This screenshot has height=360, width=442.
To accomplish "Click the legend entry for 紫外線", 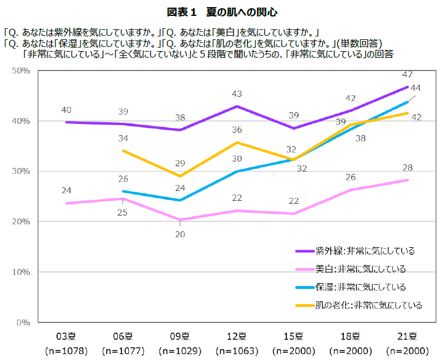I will [x=365, y=251].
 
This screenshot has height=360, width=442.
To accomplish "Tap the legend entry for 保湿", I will [x=360, y=287].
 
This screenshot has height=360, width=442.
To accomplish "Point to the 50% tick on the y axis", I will [x=21, y=70].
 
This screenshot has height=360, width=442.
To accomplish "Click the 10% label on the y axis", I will [x=21, y=272].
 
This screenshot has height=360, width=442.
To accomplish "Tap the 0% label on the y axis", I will [x=23, y=322].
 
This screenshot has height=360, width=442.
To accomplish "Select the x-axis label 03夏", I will [x=66, y=337].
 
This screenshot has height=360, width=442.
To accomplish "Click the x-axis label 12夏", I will [x=237, y=337].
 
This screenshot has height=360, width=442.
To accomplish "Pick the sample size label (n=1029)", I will [x=180, y=351].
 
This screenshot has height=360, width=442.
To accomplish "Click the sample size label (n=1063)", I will [x=237, y=351].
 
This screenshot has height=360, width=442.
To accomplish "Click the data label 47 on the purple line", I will [x=407, y=75].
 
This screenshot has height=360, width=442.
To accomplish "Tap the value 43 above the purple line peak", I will [x=237, y=94].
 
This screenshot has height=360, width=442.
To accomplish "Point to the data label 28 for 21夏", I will [x=407, y=169].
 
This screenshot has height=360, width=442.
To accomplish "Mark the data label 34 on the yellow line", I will [x=123, y=139].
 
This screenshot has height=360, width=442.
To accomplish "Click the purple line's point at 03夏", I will [x=66, y=122].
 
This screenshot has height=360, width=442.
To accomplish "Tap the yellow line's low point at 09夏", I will [x=180, y=176].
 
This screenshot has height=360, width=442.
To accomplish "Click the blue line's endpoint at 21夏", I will [x=407, y=102].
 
